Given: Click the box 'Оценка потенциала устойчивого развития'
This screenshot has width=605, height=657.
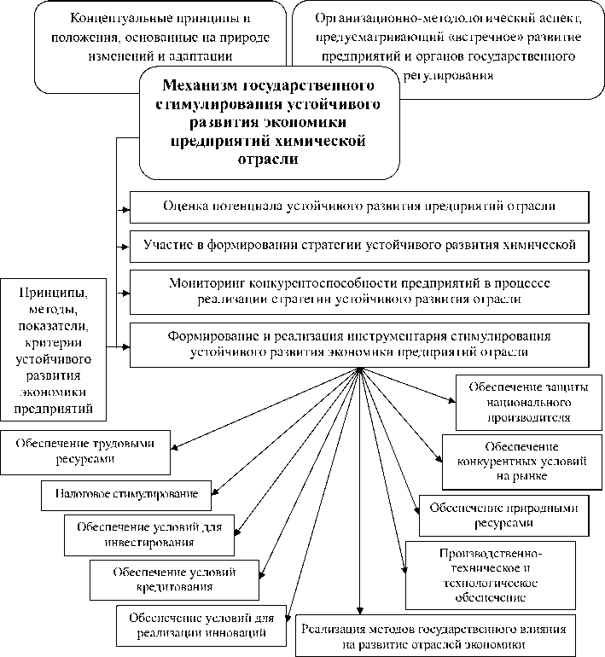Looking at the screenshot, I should click(358, 206).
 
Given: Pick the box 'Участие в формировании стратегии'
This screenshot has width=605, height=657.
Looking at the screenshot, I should click(358, 245).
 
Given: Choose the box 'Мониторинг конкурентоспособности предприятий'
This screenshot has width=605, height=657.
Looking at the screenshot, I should click(358, 290).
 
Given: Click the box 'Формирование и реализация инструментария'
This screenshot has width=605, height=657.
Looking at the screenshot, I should click(358, 343).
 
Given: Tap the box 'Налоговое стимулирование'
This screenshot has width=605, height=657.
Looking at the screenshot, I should click(126, 494).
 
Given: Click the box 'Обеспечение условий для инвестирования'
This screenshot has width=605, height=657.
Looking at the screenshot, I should click(149, 534).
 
